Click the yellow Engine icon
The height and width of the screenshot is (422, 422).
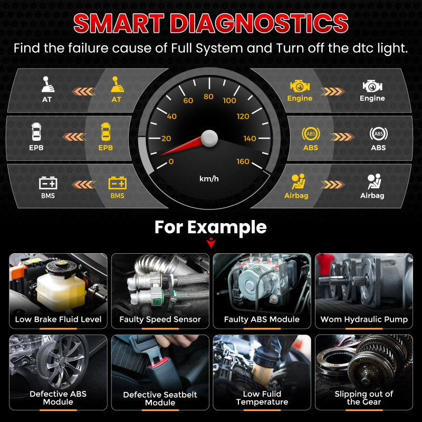[300, 87]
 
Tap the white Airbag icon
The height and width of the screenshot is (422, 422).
[375, 181]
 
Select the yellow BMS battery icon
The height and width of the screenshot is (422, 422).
[117, 183]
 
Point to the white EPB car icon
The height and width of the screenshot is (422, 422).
[36, 131]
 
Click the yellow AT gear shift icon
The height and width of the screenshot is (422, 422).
[117, 84]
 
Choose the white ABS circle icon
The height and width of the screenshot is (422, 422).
[378, 134]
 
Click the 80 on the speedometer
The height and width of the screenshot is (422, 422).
[208, 97]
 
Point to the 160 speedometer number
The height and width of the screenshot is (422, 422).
[243, 161]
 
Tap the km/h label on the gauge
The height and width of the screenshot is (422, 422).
[209, 179]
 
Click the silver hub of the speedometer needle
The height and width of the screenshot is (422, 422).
[209, 138]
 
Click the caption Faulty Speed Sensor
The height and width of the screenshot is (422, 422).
[160, 320]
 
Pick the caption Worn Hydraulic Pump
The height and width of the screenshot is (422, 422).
[364, 320]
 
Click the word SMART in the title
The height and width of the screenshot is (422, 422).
[119, 23]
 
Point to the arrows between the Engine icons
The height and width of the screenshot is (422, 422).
[333, 91]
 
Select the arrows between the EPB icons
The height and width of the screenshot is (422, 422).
[74, 137]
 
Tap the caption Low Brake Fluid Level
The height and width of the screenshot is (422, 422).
[58, 320]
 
